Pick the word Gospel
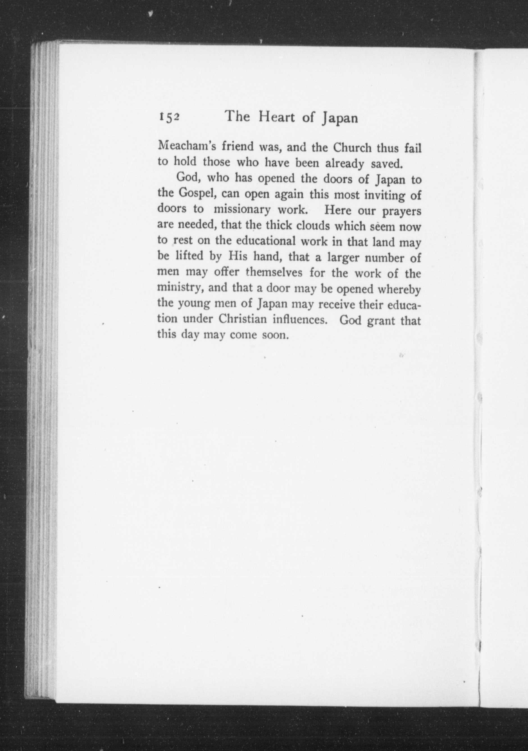point(195,194)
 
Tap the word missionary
point(242,210)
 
